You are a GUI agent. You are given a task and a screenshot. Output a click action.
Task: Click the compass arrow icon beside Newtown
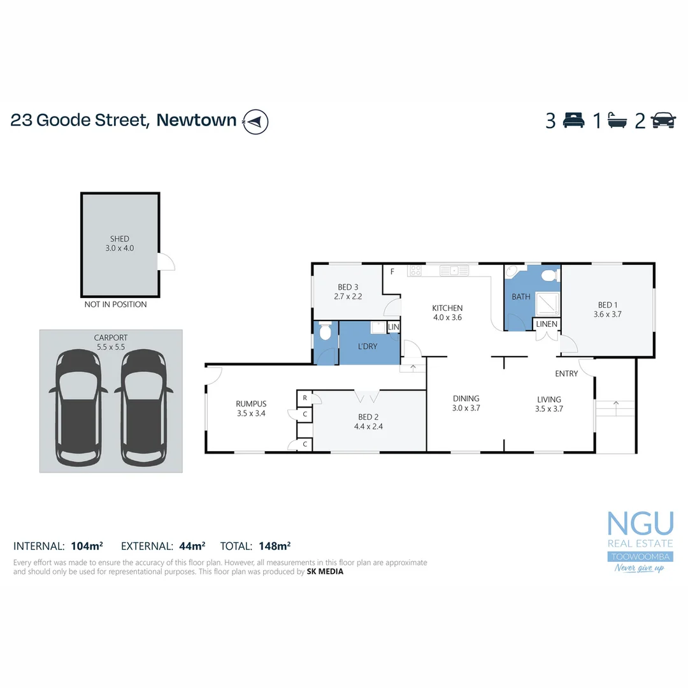coord(255,121)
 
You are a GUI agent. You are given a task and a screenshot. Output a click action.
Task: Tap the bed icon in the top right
coord(573,120)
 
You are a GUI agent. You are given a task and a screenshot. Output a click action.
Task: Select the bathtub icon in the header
coord(618,120)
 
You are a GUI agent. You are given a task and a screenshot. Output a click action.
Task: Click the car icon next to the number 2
coord(663,120)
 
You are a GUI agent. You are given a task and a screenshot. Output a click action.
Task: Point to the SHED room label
coord(119,239)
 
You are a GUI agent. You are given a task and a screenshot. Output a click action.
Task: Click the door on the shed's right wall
coord(166,261)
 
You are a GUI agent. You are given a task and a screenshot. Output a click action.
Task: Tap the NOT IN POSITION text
coord(115,305)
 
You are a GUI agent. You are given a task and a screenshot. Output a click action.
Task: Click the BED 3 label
coord(348,287)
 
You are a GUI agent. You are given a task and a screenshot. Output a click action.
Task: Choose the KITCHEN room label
coord(447,308)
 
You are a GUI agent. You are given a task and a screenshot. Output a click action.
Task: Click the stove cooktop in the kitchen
coord(415,271)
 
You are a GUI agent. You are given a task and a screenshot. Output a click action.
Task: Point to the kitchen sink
coord(454,271)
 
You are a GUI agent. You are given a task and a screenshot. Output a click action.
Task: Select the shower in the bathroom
coord(547,304)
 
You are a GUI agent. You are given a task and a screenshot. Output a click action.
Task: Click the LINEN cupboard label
coord(547,324)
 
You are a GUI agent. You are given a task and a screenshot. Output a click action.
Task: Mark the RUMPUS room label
coord(251,403)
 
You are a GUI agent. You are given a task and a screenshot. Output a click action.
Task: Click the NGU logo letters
coord(640,524)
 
